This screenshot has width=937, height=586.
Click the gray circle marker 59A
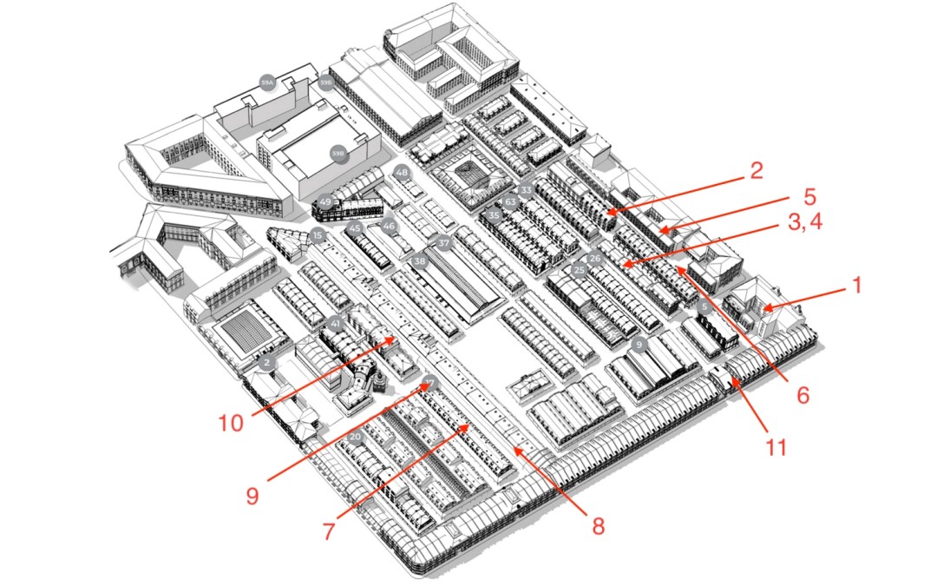(x=267, y=82)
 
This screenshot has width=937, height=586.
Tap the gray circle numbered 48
(x=401, y=173)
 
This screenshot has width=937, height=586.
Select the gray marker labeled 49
(x=325, y=202)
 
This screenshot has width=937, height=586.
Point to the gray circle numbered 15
(x=318, y=236)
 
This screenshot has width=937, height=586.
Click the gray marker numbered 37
(x=444, y=244)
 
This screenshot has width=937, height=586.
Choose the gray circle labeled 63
(x=511, y=202)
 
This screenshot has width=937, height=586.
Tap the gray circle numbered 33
(x=525, y=190)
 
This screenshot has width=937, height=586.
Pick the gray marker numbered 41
(x=334, y=325)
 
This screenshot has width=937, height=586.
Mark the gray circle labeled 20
(x=355, y=436)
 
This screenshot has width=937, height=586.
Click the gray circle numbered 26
(x=595, y=259)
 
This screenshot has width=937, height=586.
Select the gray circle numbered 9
(x=639, y=345)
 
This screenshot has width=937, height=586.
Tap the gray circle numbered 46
(x=389, y=227)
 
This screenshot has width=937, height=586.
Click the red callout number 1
(x=857, y=285)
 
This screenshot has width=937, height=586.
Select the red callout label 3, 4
(x=806, y=225)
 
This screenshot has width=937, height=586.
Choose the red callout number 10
(x=233, y=423)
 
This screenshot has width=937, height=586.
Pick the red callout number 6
(x=803, y=393)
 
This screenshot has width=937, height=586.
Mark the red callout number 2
(x=757, y=170)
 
